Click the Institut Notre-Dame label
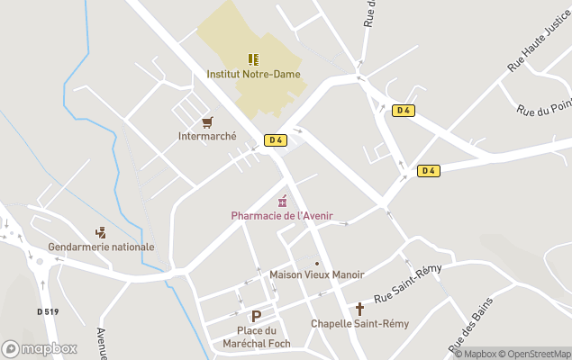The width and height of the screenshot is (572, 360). click(253, 75)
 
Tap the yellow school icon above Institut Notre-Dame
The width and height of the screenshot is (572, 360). click(253, 59)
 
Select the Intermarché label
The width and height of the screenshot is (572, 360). click(207, 137)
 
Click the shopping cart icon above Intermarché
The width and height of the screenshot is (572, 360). click(207, 121)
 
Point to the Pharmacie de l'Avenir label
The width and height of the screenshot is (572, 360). click(282, 215)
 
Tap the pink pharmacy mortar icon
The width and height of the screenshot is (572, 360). click(282, 200)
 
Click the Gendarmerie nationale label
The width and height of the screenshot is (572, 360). click(101, 247)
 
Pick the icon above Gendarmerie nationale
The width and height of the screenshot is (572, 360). click(100, 231)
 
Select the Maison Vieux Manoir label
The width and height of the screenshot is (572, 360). click(317, 274)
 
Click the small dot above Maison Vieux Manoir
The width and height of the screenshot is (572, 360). click(317, 263)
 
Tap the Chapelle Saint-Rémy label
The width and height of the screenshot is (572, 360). click(359, 323)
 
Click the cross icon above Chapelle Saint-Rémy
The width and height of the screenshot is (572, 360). click(359, 308)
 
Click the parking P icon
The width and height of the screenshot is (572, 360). click(256, 316)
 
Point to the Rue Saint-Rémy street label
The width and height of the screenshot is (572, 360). click(408, 284)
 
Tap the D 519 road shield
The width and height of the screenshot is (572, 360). click(48, 311)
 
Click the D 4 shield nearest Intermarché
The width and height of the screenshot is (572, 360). click(276, 139)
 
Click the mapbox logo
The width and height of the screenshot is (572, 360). click(40, 348)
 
